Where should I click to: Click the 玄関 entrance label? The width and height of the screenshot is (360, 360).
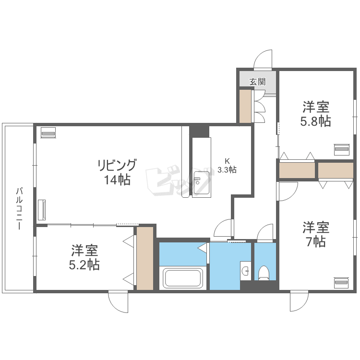pyautogui.click(x=258, y=82)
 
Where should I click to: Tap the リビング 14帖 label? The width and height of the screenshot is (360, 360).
pyautogui.click(x=117, y=172)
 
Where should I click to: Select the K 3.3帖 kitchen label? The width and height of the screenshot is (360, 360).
pyautogui.click(x=227, y=166)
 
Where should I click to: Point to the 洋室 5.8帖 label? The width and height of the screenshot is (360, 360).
pyautogui.click(x=316, y=114)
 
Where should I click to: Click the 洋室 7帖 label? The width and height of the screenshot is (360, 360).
pyautogui.click(x=316, y=234)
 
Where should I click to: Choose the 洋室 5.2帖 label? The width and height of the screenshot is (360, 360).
pyautogui.click(x=84, y=257)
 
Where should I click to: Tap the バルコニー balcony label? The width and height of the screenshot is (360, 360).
pyautogui.click(x=19, y=209)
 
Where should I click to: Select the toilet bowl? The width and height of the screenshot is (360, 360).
pyautogui.click(x=264, y=273)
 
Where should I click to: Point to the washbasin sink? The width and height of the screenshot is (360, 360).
pyautogui.click(x=245, y=271)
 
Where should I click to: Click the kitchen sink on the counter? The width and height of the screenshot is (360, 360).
pyautogui.click(x=201, y=183)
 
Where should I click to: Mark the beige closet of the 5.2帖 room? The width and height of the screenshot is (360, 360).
pyautogui.click(x=145, y=258)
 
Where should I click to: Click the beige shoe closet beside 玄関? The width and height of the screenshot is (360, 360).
pyautogui.click(x=245, y=106)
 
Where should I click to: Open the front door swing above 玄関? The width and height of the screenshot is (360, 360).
pyautogui.click(x=263, y=59)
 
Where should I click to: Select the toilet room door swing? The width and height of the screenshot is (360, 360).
pyautogui.click(x=265, y=232)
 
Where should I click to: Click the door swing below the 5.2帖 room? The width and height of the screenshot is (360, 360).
pyautogui.click(x=118, y=301)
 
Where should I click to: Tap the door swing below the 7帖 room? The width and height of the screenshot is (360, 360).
pyautogui.click(x=299, y=301)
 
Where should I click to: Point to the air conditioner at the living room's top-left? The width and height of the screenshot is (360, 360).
pyautogui.click(x=48, y=132)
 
